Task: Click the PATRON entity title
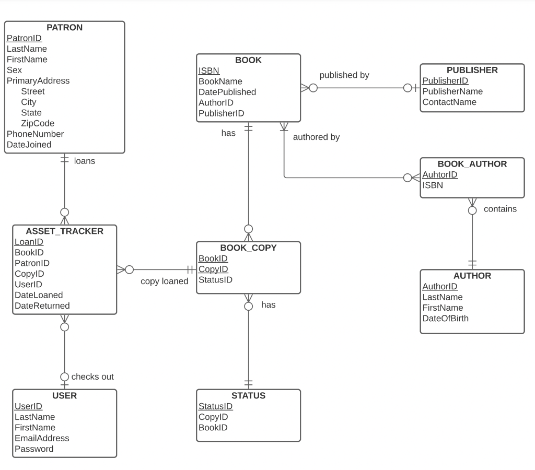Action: [64, 28]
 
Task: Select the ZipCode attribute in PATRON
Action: [38, 123]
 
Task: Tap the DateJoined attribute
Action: [29, 145]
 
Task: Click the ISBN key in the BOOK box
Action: [208, 71]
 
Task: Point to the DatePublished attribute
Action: [227, 92]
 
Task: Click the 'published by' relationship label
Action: [344, 75]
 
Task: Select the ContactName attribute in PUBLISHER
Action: [449, 102]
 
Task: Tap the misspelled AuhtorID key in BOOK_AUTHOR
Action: [439, 174]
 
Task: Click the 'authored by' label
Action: [316, 137]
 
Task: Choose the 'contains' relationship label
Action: [499, 209]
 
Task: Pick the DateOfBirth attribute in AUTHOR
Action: [445, 318]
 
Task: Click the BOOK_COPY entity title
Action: [248, 248]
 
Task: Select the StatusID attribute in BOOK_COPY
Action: [215, 280]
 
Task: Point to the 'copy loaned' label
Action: [164, 281]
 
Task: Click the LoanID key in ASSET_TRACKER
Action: [29, 242]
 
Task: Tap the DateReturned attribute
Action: [42, 306]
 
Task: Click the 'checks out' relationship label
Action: [92, 377]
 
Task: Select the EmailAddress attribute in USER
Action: [41, 438]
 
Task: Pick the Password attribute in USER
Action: [33, 449]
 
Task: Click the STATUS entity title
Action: [248, 396]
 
